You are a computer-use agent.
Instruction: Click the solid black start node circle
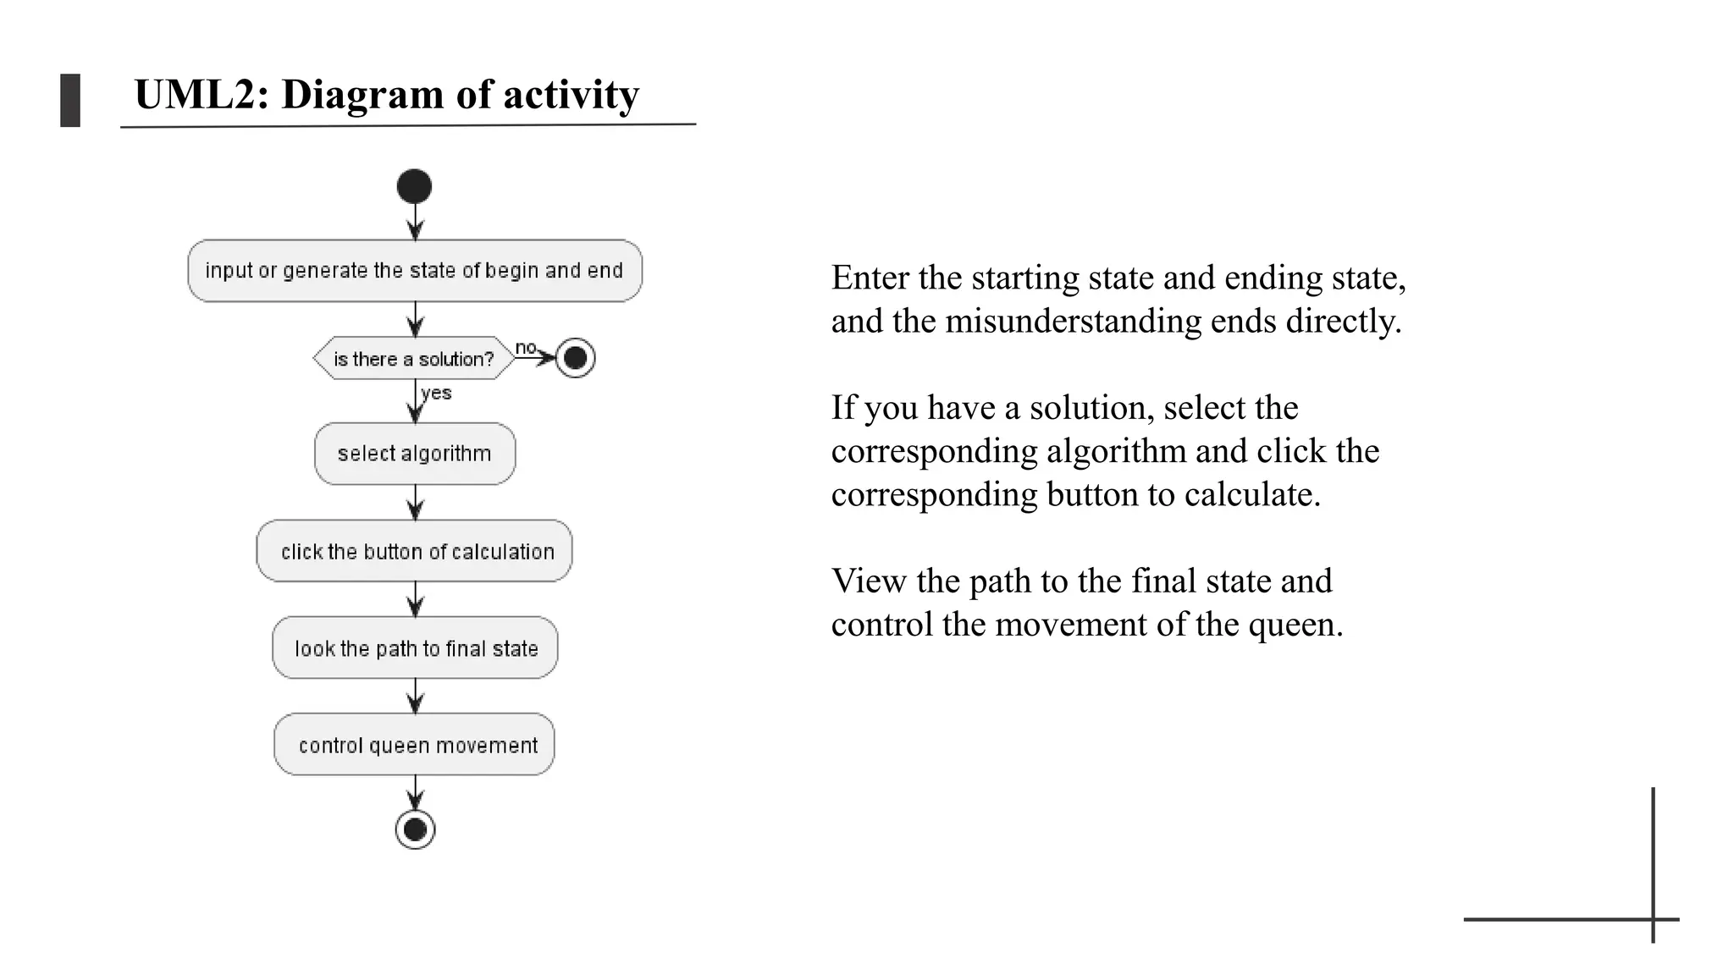pyautogui.click(x=414, y=186)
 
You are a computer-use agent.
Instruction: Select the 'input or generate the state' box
pyautogui.click(x=414, y=271)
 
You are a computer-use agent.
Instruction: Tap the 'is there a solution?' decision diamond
pyautogui.click(x=414, y=359)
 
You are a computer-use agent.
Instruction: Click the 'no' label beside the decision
pyautogui.click(x=526, y=347)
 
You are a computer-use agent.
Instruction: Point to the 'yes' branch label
pyautogui.click(x=436, y=393)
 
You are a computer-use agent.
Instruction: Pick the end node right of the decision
pyautogui.click(x=575, y=358)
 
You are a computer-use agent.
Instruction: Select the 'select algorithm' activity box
pyautogui.click(x=414, y=454)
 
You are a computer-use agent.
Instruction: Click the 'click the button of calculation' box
pyautogui.click(x=414, y=551)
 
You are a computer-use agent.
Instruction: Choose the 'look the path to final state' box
pyautogui.click(x=415, y=648)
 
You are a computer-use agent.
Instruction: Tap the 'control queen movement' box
pyautogui.click(x=414, y=745)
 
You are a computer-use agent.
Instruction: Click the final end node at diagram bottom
pyautogui.click(x=415, y=829)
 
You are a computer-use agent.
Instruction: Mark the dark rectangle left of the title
pyautogui.click(x=70, y=100)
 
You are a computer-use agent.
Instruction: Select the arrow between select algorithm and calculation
pyautogui.click(x=415, y=503)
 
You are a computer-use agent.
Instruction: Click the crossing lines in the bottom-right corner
pyautogui.click(x=1653, y=919)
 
